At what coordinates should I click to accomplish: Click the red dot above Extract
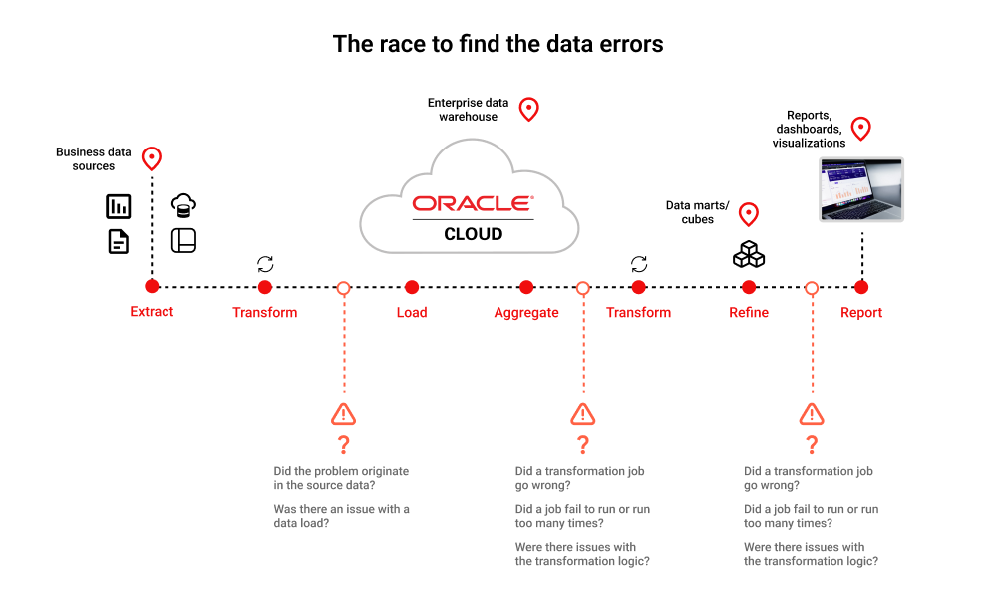152,287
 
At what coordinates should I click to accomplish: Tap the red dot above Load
412,287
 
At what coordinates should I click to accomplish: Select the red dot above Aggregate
526,287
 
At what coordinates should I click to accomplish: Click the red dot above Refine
749,287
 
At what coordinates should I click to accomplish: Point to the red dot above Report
861,287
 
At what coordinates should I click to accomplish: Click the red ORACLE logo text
473,203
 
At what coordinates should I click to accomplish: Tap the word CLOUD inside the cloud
473,234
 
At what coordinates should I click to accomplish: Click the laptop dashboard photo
861,189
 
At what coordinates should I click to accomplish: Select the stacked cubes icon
749,254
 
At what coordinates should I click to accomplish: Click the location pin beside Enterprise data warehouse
529,110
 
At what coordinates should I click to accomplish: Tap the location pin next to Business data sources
152,158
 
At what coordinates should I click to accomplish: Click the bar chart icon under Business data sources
119,206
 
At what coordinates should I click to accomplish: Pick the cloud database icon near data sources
183,205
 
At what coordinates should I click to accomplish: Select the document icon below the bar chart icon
119,241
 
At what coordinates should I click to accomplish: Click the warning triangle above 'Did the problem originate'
343,414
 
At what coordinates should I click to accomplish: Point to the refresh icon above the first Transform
265,264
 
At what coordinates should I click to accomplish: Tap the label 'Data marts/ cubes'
698,212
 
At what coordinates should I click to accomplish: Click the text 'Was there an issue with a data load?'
341,516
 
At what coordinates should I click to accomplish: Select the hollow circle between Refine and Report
812,288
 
